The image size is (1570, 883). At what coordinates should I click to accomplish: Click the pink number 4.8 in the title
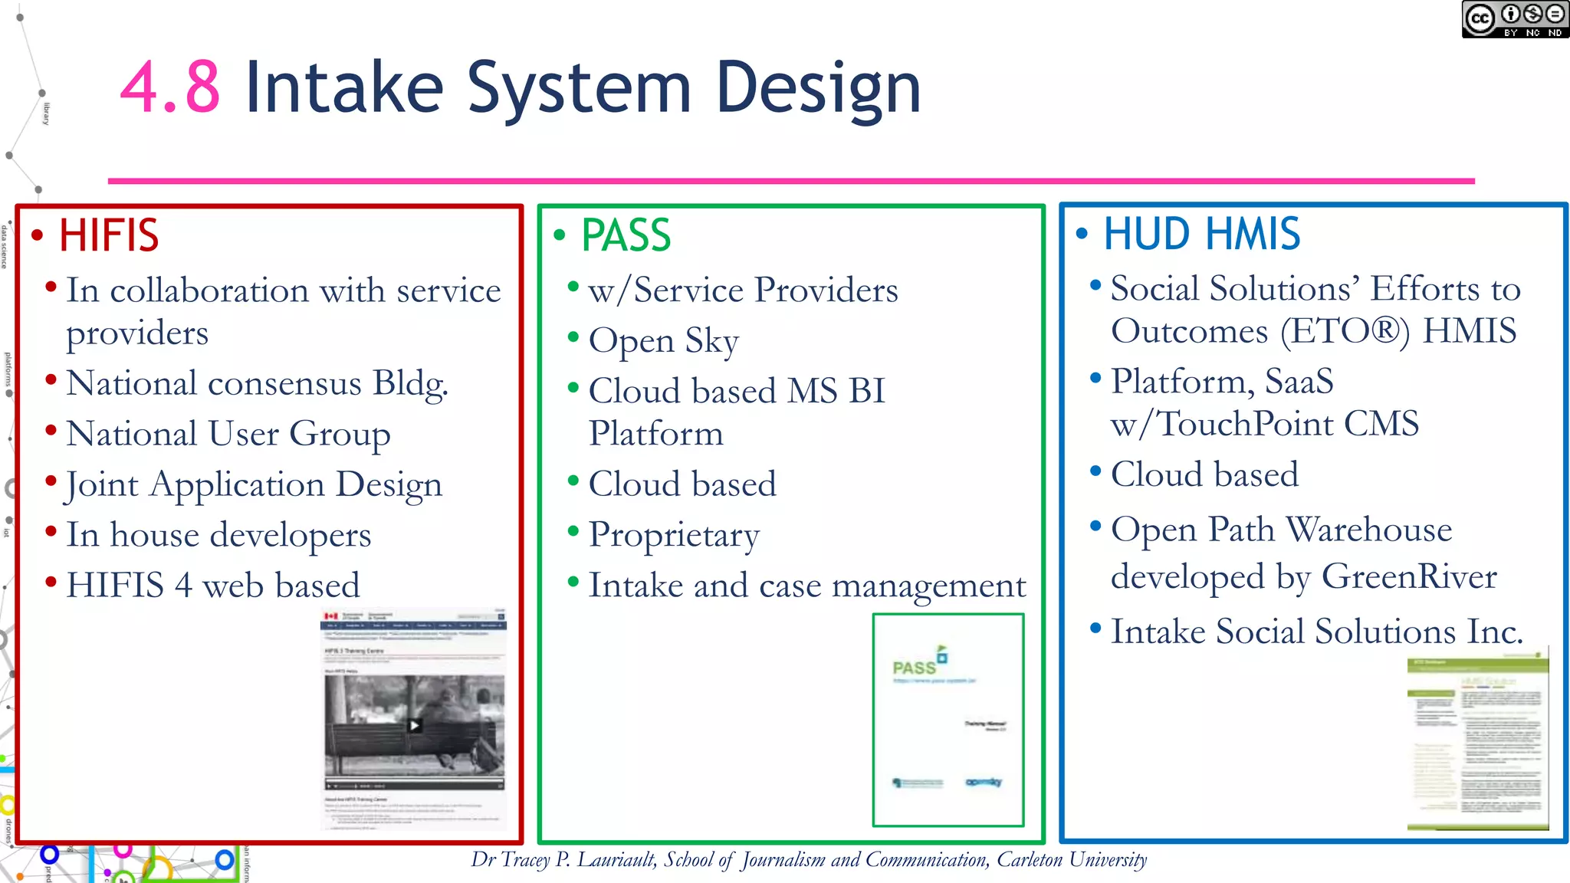(170, 88)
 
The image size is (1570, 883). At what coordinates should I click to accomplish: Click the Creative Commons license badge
(1514, 19)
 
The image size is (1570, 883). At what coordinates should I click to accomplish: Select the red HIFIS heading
(109, 235)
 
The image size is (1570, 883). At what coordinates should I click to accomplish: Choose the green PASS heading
(626, 235)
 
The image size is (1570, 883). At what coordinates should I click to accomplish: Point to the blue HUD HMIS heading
(1201, 234)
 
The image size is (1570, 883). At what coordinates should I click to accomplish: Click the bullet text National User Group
(228, 434)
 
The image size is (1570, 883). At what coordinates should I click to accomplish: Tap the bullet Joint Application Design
(254, 484)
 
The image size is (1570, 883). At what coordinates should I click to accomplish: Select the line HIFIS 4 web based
(212, 586)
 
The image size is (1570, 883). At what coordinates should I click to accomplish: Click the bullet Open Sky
(663, 340)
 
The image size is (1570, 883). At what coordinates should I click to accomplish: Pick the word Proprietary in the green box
(674, 535)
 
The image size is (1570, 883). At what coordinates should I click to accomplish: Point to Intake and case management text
(806, 586)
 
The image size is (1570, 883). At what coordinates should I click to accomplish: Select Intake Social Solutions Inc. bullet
(1316, 632)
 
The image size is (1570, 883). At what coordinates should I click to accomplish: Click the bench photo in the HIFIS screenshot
(414, 725)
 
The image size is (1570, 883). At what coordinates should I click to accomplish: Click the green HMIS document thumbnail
(1477, 741)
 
